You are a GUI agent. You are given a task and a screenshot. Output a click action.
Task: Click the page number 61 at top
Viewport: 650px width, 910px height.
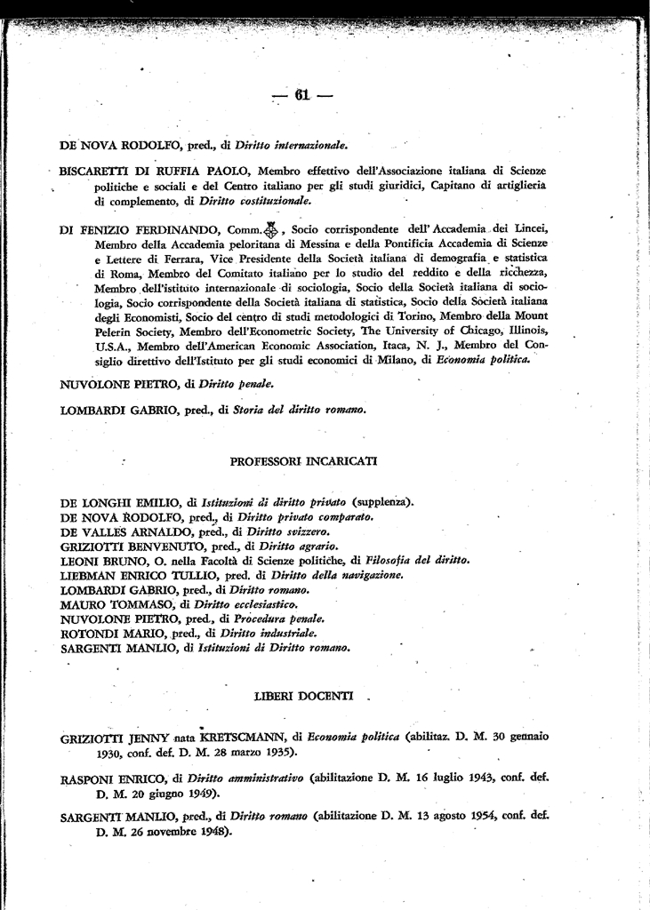pyautogui.click(x=301, y=96)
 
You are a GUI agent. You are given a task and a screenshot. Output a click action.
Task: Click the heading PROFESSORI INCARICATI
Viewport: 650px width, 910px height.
pyautogui.click(x=303, y=461)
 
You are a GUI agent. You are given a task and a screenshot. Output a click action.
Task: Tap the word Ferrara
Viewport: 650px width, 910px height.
pyautogui.click(x=138, y=258)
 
